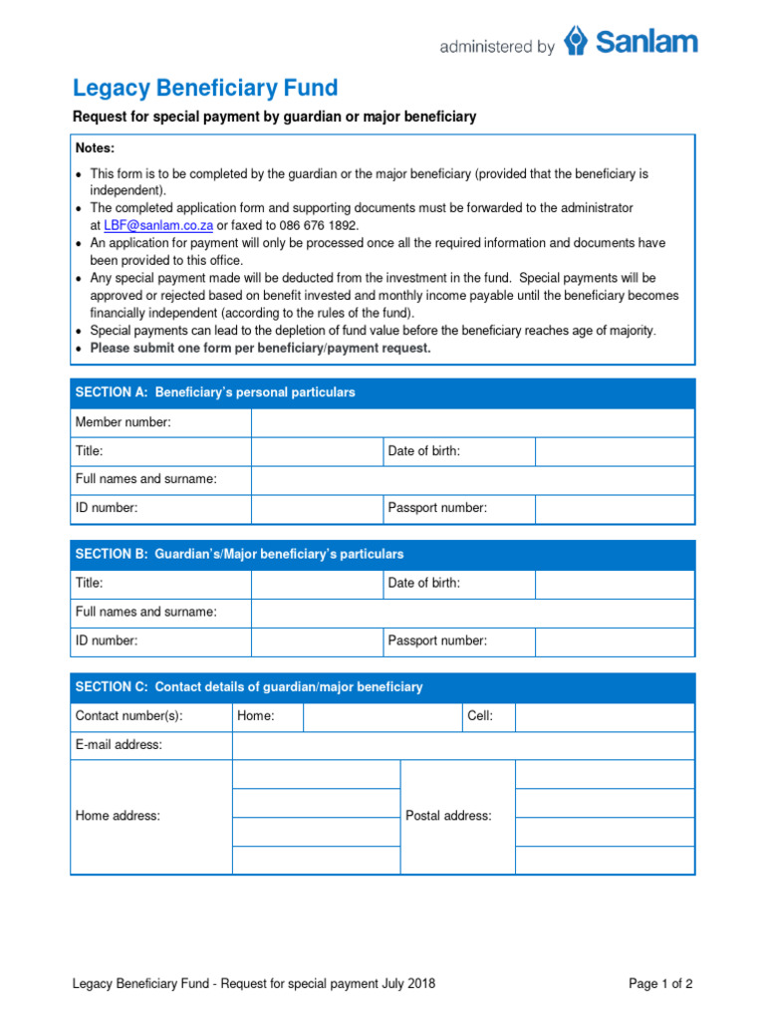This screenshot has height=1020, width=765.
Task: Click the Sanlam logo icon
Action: point(576,42)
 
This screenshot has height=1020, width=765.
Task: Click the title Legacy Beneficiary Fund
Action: point(205,88)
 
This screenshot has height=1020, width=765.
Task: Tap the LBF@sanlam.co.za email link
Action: point(158,226)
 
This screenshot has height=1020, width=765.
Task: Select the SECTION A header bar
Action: point(382,392)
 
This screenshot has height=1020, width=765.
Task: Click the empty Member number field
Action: point(472,422)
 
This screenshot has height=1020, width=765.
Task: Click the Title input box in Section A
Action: point(317,451)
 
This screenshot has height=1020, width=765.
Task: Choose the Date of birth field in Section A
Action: point(615,451)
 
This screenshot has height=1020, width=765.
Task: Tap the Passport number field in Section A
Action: point(615,508)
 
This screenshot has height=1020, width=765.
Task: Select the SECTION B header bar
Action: point(382,554)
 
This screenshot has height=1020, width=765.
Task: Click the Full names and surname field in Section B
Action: point(472,612)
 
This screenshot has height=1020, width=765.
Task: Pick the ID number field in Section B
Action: point(317,640)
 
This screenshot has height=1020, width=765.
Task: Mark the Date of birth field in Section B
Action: point(615,583)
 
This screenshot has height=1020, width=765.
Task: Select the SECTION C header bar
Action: point(382,687)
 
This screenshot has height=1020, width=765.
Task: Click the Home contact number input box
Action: point(382,716)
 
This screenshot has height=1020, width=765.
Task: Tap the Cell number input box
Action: point(605,716)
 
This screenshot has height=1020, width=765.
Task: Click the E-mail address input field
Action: point(463,745)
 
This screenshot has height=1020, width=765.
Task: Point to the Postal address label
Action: point(448,816)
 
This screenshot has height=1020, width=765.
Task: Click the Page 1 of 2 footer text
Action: point(660,984)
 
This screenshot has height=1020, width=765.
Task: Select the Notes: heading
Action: point(96,148)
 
